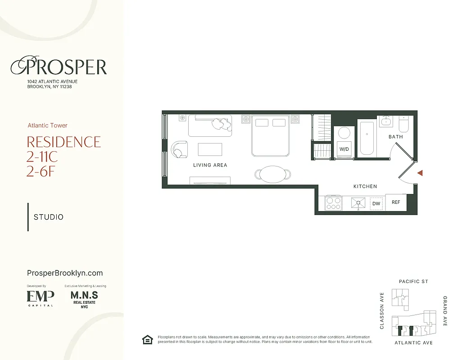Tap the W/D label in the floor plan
344,149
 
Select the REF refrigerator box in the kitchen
396,202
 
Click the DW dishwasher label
376,204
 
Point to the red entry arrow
420,173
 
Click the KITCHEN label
365,186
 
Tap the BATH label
396,137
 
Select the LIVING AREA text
210,165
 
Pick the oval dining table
272,174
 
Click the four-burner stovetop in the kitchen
333,203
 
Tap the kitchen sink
358,203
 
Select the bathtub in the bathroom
367,137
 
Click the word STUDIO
49,217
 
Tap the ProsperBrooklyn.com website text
65,273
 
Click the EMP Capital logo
41,297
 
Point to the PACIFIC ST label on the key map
413,282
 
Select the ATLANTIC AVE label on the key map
413,343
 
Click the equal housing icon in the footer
147,340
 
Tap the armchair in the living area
179,149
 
